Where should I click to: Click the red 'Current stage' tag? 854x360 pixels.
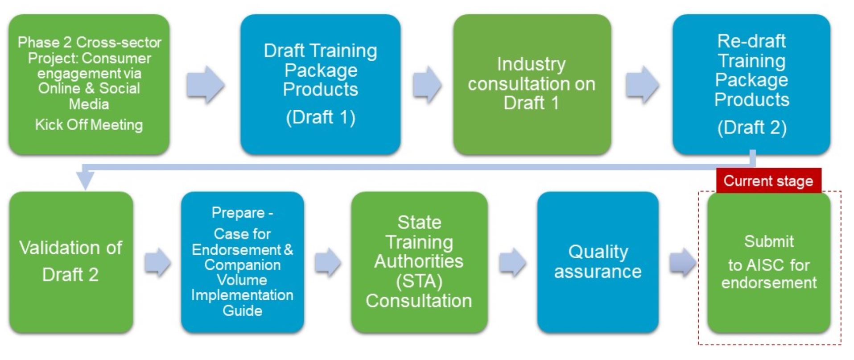click(768, 180)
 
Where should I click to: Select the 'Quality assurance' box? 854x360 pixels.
click(598, 262)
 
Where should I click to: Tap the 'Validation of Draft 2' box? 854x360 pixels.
click(71, 262)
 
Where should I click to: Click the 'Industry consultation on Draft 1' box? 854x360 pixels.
click(532, 84)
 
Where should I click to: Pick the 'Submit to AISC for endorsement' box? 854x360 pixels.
click(769, 262)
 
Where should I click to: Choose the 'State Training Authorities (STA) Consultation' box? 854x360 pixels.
click(419, 262)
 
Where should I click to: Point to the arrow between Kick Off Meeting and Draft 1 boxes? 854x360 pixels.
click(205, 84)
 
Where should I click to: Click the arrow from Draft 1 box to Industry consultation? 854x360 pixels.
click(427, 84)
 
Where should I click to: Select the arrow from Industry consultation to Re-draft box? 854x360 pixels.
click(642, 84)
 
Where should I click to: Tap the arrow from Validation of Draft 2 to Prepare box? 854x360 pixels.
click(157, 262)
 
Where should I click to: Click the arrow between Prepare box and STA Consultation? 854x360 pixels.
click(328, 262)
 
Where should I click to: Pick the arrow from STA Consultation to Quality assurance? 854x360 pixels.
click(512, 262)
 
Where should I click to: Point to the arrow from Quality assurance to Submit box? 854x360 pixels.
click(683, 262)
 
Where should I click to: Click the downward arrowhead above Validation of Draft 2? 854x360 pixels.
click(85, 181)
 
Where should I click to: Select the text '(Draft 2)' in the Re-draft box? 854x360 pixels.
click(752, 128)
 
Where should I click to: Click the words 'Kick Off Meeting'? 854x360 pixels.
click(89, 125)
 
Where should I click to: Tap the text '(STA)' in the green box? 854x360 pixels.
click(419, 281)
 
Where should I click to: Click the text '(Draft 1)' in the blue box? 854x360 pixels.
click(321, 117)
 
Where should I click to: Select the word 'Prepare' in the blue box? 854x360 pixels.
click(238, 213)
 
